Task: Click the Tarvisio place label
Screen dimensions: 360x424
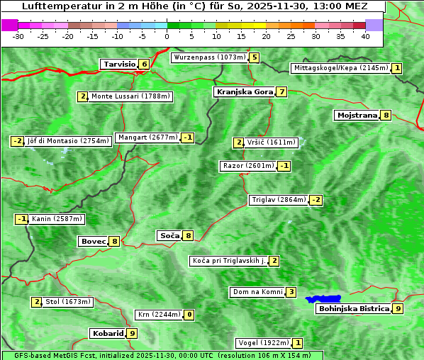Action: coord(119,64)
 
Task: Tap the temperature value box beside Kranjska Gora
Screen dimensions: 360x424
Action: coord(281,91)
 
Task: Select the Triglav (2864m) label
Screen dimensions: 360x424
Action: coord(279,200)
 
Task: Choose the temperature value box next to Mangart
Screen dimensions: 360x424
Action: coord(187,137)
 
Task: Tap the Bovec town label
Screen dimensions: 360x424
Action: coord(93,241)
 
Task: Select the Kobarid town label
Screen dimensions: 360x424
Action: coord(108,333)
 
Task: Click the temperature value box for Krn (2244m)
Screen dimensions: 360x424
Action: coord(189,315)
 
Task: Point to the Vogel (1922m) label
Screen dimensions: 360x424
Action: coord(262,343)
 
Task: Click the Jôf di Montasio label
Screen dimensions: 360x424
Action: coord(68,141)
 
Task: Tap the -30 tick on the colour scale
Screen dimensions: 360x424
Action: coord(18,35)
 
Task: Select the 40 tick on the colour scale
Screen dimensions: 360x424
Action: coord(365,35)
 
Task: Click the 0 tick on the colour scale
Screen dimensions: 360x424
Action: coord(167,35)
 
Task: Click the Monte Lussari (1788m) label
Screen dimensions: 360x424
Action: coord(130,96)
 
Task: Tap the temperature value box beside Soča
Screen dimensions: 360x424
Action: coord(187,235)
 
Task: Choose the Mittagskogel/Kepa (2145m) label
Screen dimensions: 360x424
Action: coord(340,68)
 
